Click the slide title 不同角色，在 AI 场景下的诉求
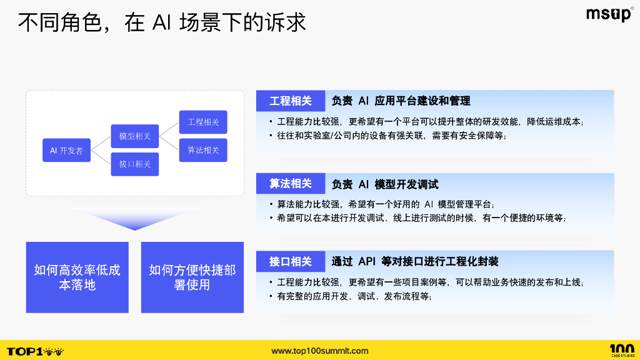162,22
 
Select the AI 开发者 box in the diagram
66,151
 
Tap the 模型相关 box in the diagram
134,136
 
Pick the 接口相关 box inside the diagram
134,164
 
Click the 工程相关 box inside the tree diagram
203,122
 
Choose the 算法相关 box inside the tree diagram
203,150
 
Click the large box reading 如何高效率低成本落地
77,277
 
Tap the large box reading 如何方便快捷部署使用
192,277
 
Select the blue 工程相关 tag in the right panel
291,101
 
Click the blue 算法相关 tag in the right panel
291,184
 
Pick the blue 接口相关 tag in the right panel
291,261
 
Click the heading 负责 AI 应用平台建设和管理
401,101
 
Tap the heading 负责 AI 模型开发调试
385,184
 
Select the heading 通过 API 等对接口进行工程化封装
415,261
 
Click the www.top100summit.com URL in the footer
320,351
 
